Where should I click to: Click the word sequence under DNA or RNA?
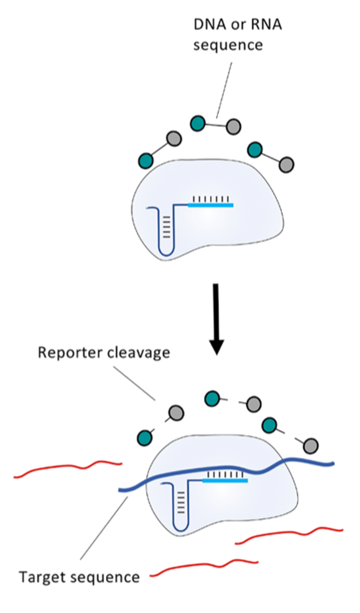[x=228, y=45]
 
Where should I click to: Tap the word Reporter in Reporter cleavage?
[x=70, y=352]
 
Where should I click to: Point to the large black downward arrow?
[x=216, y=319]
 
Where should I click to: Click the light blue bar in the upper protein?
[x=211, y=205]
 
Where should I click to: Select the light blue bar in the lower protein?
[x=225, y=481]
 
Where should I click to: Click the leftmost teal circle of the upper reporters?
[x=146, y=161]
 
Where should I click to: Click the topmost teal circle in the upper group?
[x=198, y=124]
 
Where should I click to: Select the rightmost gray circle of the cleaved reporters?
[x=310, y=446]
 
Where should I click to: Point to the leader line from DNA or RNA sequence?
[x=224, y=90]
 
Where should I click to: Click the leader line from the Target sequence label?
[x=104, y=528]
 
